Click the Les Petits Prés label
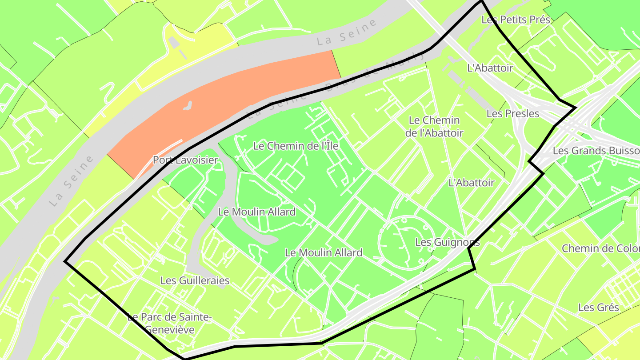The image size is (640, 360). tap(516, 20)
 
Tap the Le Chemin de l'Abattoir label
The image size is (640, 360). tap(434, 127)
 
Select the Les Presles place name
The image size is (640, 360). tap(512, 114)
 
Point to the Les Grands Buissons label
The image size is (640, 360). tap(596, 151)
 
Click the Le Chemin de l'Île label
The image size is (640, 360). tap(296, 146)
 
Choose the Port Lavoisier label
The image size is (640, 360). tap(185, 160)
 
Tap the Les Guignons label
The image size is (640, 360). tap(447, 242)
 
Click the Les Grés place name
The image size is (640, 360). tap(598, 308)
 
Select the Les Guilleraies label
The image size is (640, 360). tap(195, 280)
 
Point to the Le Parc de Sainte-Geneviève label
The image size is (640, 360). tap(170, 324)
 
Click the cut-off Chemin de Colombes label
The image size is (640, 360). tap(600, 248)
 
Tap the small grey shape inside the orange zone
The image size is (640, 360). tap(188, 106)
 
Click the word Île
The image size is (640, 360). tap(329, 146)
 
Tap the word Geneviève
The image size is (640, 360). tap(170, 330)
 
